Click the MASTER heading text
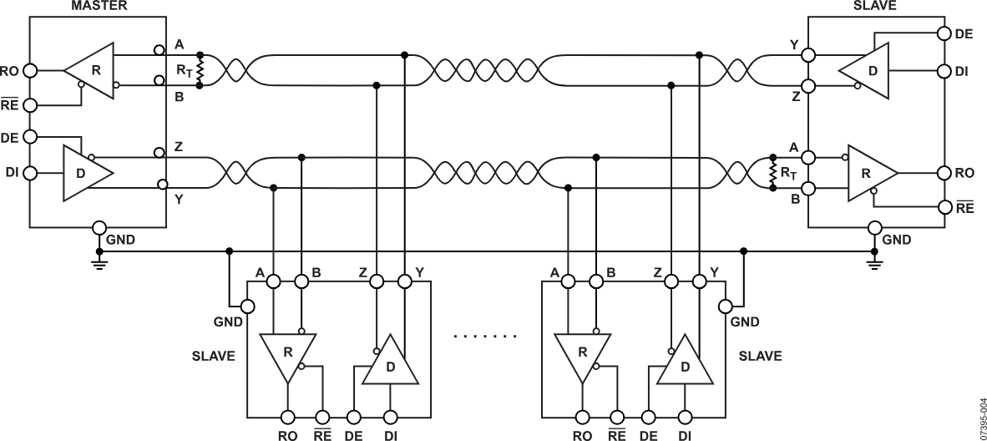click(99, 7)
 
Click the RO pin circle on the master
click(29, 70)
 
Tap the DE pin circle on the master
click(29, 136)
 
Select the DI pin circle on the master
click(29, 171)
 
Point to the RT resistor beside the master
click(200, 70)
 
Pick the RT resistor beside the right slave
click(773, 172)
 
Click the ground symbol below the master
click(99, 262)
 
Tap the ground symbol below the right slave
click(874, 262)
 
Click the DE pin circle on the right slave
click(944, 33)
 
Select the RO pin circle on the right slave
click(944, 173)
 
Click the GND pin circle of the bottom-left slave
click(247, 307)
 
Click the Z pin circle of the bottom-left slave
click(377, 281)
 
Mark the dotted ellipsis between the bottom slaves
click(485, 337)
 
